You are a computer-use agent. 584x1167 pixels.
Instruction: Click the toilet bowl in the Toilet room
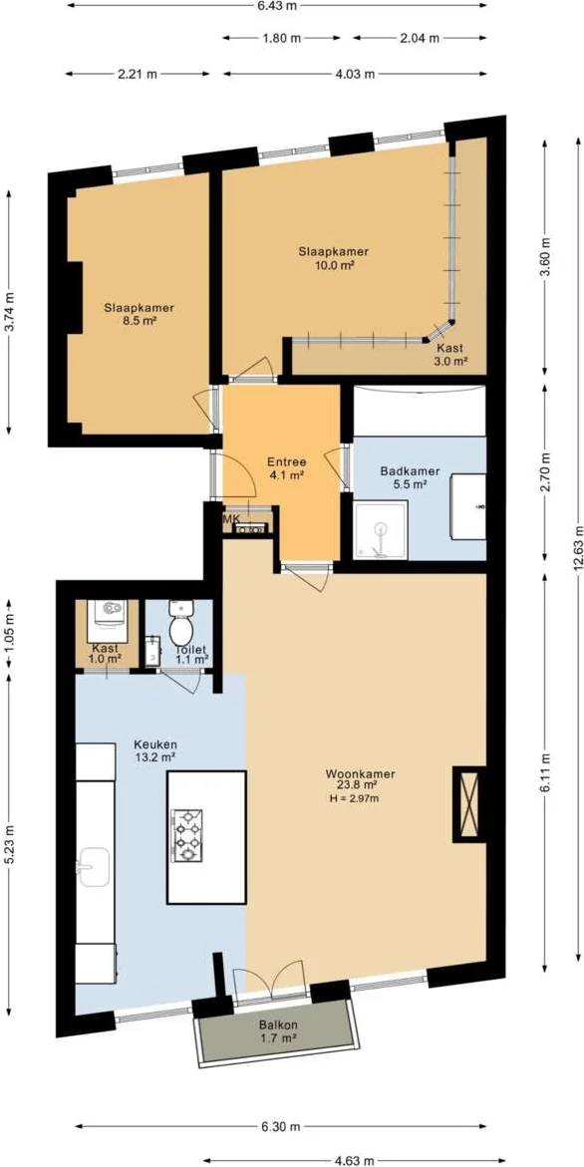tap(180, 625)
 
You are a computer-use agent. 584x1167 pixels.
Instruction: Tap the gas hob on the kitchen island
tap(187, 835)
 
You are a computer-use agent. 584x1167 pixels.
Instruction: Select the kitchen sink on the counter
tap(94, 868)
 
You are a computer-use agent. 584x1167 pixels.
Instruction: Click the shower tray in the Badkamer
tap(381, 529)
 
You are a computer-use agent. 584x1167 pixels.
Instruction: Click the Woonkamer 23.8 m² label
tap(360, 778)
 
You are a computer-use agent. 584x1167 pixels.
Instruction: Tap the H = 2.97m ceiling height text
tap(354, 799)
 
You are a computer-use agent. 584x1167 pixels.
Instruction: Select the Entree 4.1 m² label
tap(286, 467)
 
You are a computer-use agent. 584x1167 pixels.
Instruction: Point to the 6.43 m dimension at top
tap(276, 5)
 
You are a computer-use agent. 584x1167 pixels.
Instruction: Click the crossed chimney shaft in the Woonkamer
tap(469, 804)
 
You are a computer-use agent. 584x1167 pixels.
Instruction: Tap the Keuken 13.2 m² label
tap(154, 751)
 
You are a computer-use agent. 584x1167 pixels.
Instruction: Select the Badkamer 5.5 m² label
tap(410, 477)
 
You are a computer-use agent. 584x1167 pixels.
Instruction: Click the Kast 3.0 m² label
tap(450, 354)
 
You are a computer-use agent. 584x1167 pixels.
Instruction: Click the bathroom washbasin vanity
tap(468, 507)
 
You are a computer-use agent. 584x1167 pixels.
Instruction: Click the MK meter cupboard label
tap(230, 518)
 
